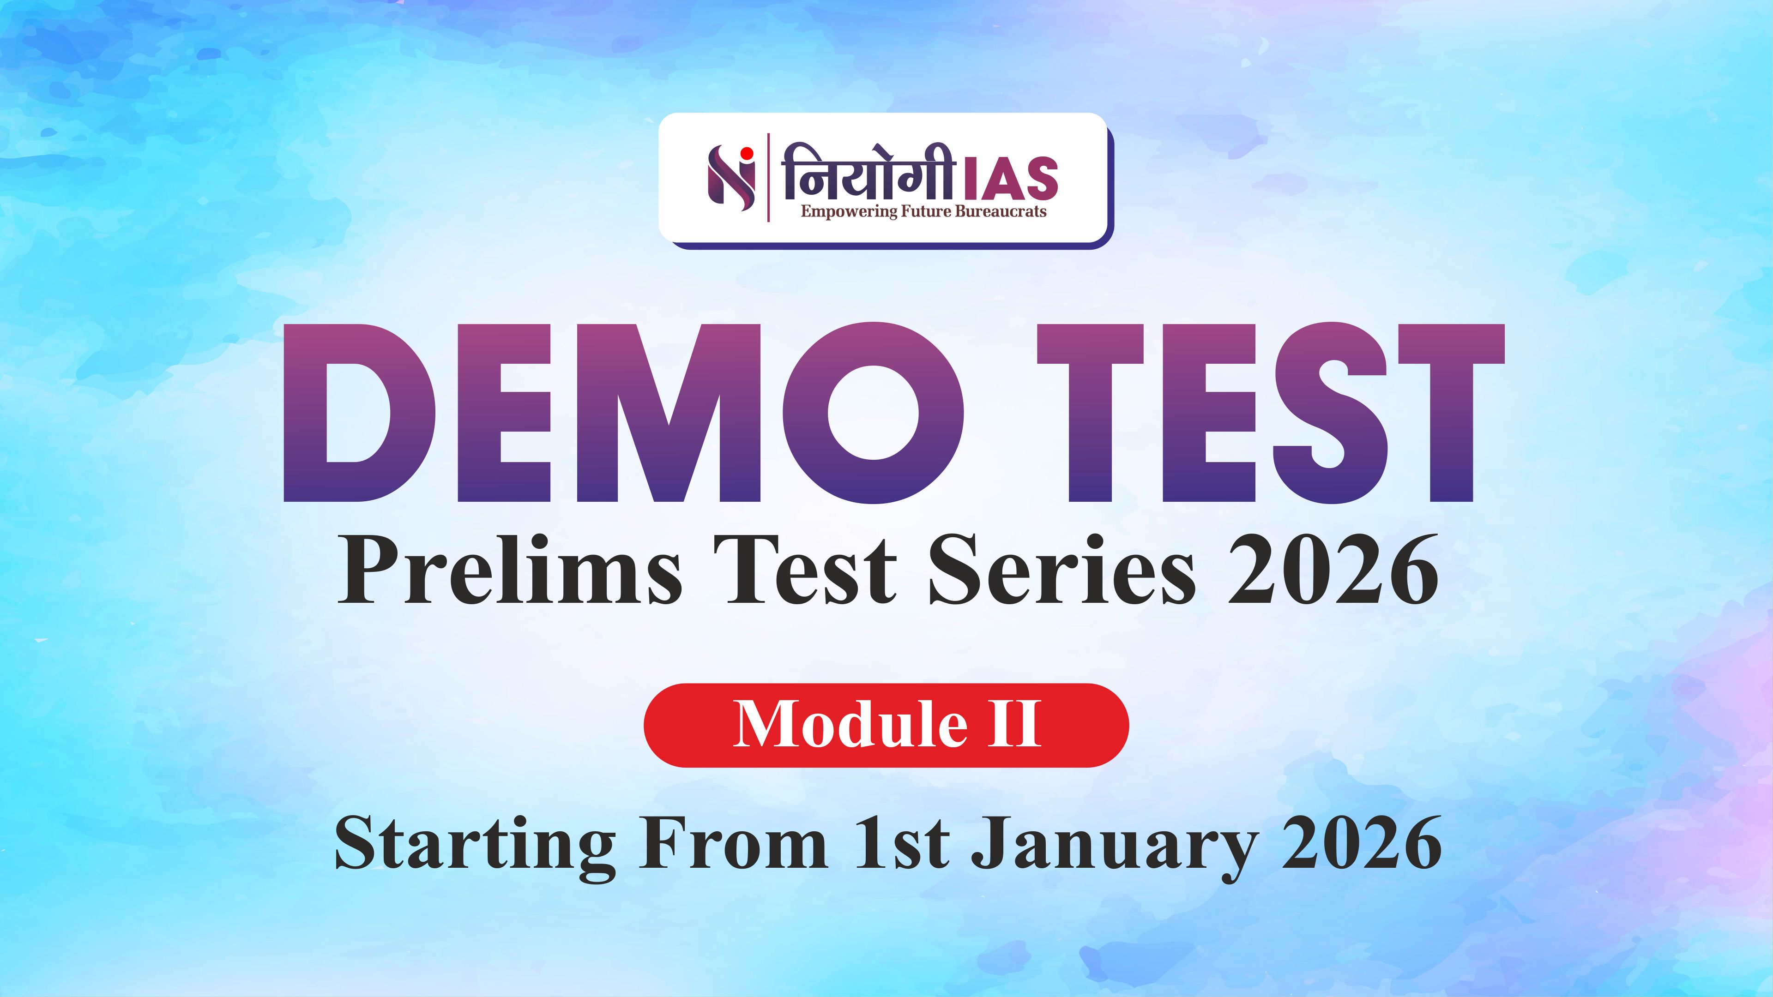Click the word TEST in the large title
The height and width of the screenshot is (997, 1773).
[1270, 413]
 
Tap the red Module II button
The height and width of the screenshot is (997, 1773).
[886, 725]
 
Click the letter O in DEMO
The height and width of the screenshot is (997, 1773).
[873, 413]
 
